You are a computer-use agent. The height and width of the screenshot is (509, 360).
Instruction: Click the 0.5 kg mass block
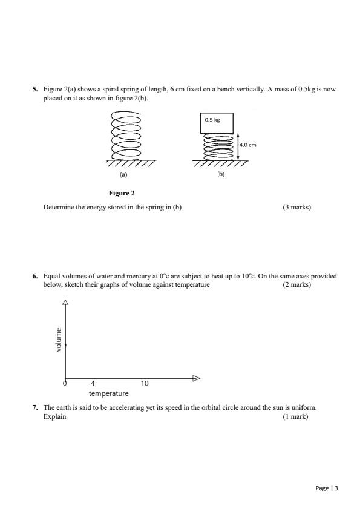pyautogui.click(x=217, y=123)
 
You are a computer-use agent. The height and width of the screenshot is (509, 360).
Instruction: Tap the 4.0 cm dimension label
pyautogui.click(x=248, y=145)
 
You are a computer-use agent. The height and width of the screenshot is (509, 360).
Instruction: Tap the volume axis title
pyautogui.click(x=59, y=340)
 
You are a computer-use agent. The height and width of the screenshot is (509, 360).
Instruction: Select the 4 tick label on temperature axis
pyautogui.click(x=93, y=384)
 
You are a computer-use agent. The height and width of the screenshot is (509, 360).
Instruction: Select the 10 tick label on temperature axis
pyautogui.click(x=144, y=384)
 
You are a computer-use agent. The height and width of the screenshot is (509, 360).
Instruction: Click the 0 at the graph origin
pyautogui.click(x=65, y=384)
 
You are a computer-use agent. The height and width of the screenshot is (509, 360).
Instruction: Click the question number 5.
pyautogui.click(x=34, y=89)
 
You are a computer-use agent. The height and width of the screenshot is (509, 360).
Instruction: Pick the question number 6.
pyautogui.click(x=34, y=276)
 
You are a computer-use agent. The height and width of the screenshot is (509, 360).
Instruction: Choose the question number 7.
pyautogui.click(x=34, y=409)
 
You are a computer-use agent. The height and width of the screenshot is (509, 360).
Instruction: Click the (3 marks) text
pyautogui.click(x=296, y=207)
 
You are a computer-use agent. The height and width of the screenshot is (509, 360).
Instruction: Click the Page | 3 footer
pyautogui.click(x=327, y=487)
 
